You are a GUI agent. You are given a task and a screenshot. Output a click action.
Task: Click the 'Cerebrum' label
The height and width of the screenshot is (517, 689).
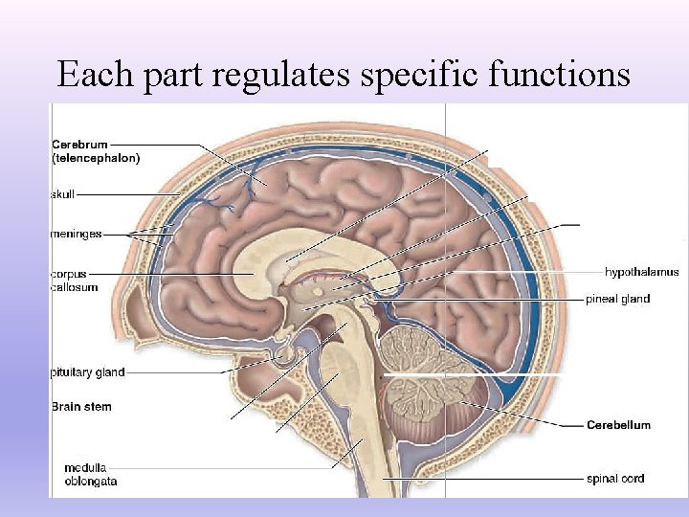pyautogui.click(x=79, y=145)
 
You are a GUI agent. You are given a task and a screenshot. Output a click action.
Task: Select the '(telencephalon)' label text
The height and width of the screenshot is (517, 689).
pyautogui.click(x=96, y=158)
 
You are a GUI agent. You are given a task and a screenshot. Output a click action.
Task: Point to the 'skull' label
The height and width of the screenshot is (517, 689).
pyautogui.click(x=62, y=194)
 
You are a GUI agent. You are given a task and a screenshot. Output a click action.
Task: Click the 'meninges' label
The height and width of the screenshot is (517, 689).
pyautogui.click(x=76, y=233)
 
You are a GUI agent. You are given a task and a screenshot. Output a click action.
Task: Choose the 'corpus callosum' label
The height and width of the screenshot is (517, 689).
pyautogui.click(x=74, y=281)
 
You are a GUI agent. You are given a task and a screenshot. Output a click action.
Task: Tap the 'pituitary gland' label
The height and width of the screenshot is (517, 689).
pyautogui.click(x=87, y=372)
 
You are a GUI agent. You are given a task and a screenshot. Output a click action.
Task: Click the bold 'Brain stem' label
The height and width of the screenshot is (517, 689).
pyautogui.click(x=80, y=407)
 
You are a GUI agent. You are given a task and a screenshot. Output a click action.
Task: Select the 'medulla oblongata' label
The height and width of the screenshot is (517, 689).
pyautogui.click(x=91, y=474)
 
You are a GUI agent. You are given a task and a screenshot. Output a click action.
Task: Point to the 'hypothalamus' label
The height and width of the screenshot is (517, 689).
pyautogui.click(x=641, y=273)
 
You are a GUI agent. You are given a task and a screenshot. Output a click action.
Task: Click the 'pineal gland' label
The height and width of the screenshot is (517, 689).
pyautogui.click(x=617, y=299)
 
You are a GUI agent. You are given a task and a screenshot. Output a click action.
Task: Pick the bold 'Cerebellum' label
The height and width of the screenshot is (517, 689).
pyautogui.click(x=618, y=424)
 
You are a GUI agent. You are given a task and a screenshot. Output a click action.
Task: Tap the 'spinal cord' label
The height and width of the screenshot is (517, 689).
pyautogui.click(x=615, y=478)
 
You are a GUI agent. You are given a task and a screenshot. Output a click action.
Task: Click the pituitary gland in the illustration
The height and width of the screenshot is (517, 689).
pyautogui.click(x=283, y=357)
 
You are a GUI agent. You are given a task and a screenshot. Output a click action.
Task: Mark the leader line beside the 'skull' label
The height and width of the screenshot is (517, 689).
pyautogui.click(x=124, y=194)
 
